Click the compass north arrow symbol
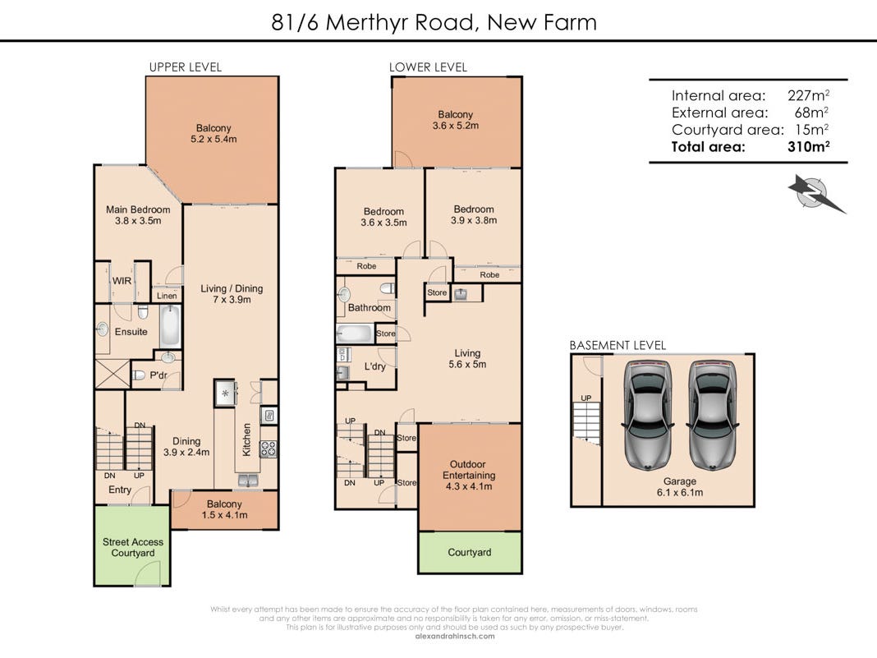tap(816, 193)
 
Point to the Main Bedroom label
tap(138, 209)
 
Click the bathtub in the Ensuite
tap(170, 327)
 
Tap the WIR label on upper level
tap(122, 281)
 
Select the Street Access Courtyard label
tap(132, 547)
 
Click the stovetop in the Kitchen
tap(269, 449)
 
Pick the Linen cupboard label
tap(167, 296)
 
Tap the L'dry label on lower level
tap(374, 366)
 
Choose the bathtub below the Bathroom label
tap(355, 334)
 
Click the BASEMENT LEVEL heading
tap(618, 346)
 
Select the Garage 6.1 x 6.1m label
tap(679, 487)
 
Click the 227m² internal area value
tap(807, 95)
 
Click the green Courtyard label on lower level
tap(469, 552)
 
